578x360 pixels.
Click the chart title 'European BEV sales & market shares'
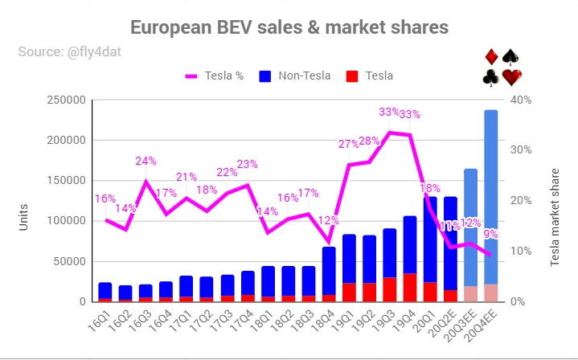pyautogui.click(x=289, y=28)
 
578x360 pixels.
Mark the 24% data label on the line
pyautogui.click(x=146, y=161)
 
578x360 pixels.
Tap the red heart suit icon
pyautogui.click(x=512, y=77)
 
